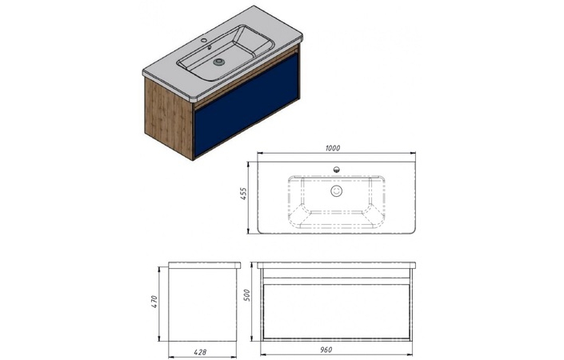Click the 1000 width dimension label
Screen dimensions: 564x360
coord(333,148)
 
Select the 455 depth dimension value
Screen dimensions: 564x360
coord(243,194)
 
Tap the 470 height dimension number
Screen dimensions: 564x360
coord(154,302)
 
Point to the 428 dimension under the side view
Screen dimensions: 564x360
coord(200,353)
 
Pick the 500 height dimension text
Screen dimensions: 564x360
coord(246,296)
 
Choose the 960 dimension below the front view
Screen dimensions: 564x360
coord(326,350)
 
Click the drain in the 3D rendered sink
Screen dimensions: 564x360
coord(218,62)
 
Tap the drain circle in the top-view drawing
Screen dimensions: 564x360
coord(336,191)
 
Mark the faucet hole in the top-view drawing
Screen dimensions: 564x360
coord(337,170)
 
